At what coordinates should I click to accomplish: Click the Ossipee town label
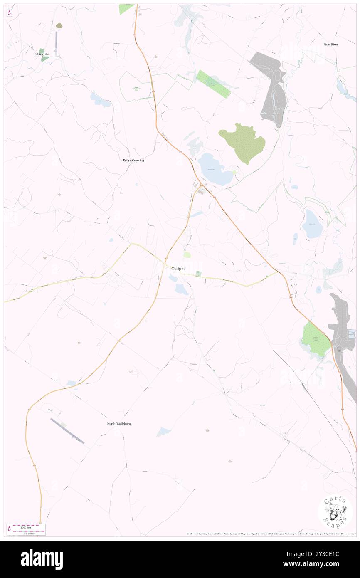tap(178, 269)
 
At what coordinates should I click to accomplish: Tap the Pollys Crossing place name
tap(133, 160)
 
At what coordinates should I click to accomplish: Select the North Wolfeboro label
tap(119, 423)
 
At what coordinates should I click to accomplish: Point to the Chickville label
tap(42, 54)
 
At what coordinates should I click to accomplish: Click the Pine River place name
tap(331, 44)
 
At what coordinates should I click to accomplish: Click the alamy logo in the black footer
tap(42, 559)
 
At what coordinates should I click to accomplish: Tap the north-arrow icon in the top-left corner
tap(10, 13)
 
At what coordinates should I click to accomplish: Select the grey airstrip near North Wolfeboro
tap(67, 430)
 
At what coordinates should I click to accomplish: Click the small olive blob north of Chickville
tap(59, 26)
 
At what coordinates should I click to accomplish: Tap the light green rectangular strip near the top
tap(213, 84)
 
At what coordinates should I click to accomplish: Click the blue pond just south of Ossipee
tap(181, 290)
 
